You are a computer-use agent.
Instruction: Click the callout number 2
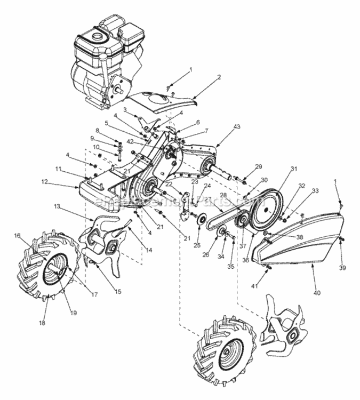[x=219, y=78]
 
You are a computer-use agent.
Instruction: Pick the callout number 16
[x=18, y=235]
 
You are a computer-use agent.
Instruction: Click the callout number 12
[x=45, y=182]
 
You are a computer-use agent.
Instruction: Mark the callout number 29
[x=259, y=167]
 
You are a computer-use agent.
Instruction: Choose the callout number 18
[x=42, y=323]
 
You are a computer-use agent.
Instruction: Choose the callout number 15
[x=117, y=292]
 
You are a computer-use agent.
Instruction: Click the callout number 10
[x=97, y=147]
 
